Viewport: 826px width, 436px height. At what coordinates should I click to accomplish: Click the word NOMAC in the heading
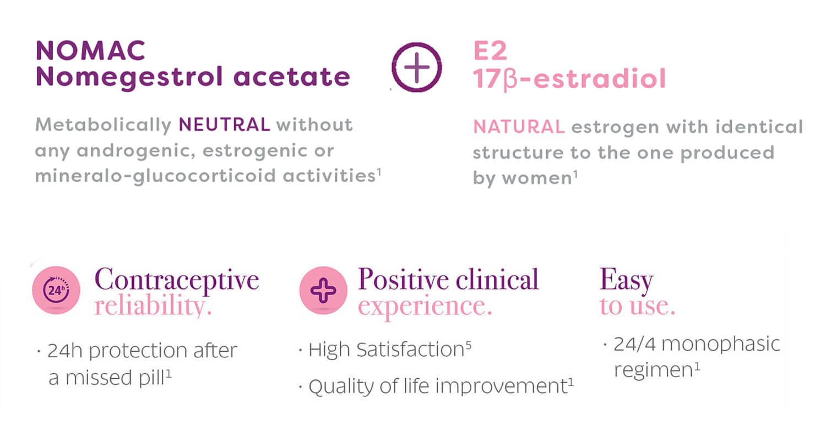click(x=90, y=51)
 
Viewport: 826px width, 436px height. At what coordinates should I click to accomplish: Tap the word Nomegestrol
click(x=129, y=78)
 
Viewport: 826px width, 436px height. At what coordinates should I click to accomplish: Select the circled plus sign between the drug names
click(x=417, y=67)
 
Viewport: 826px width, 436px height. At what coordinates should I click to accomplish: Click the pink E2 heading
click(x=491, y=51)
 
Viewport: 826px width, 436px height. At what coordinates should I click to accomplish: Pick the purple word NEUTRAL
click(x=225, y=124)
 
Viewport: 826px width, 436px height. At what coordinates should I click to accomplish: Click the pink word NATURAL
click(x=519, y=127)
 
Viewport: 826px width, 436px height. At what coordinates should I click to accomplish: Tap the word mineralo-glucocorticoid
click(x=155, y=176)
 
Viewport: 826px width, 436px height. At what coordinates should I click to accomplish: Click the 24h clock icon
click(x=56, y=290)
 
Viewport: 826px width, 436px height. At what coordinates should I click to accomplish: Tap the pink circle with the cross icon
click(x=323, y=290)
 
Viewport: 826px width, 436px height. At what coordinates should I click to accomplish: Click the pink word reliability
click(x=153, y=306)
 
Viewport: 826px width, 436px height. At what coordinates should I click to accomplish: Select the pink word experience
click(x=425, y=307)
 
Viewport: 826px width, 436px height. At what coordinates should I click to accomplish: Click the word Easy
click(x=627, y=281)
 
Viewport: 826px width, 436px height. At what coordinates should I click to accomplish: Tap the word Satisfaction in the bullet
click(x=410, y=350)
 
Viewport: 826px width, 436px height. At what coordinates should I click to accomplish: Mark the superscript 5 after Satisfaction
click(x=468, y=345)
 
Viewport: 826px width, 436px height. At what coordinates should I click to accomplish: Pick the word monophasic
click(x=720, y=345)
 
